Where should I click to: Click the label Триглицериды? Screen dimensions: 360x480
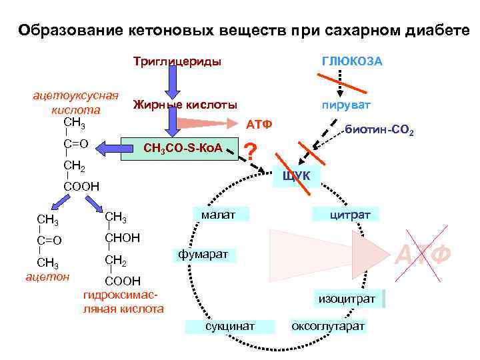point(177,62)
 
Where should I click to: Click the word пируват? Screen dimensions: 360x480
point(345,105)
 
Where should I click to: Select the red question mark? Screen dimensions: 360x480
point(251,152)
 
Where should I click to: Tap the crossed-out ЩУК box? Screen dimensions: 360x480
point(297,175)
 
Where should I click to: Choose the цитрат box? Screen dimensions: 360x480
point(347,214)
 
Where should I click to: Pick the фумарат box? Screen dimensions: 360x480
point(203,254)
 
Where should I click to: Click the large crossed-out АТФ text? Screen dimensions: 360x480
point(425,254)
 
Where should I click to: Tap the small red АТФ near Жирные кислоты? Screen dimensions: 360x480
point(258,124)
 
